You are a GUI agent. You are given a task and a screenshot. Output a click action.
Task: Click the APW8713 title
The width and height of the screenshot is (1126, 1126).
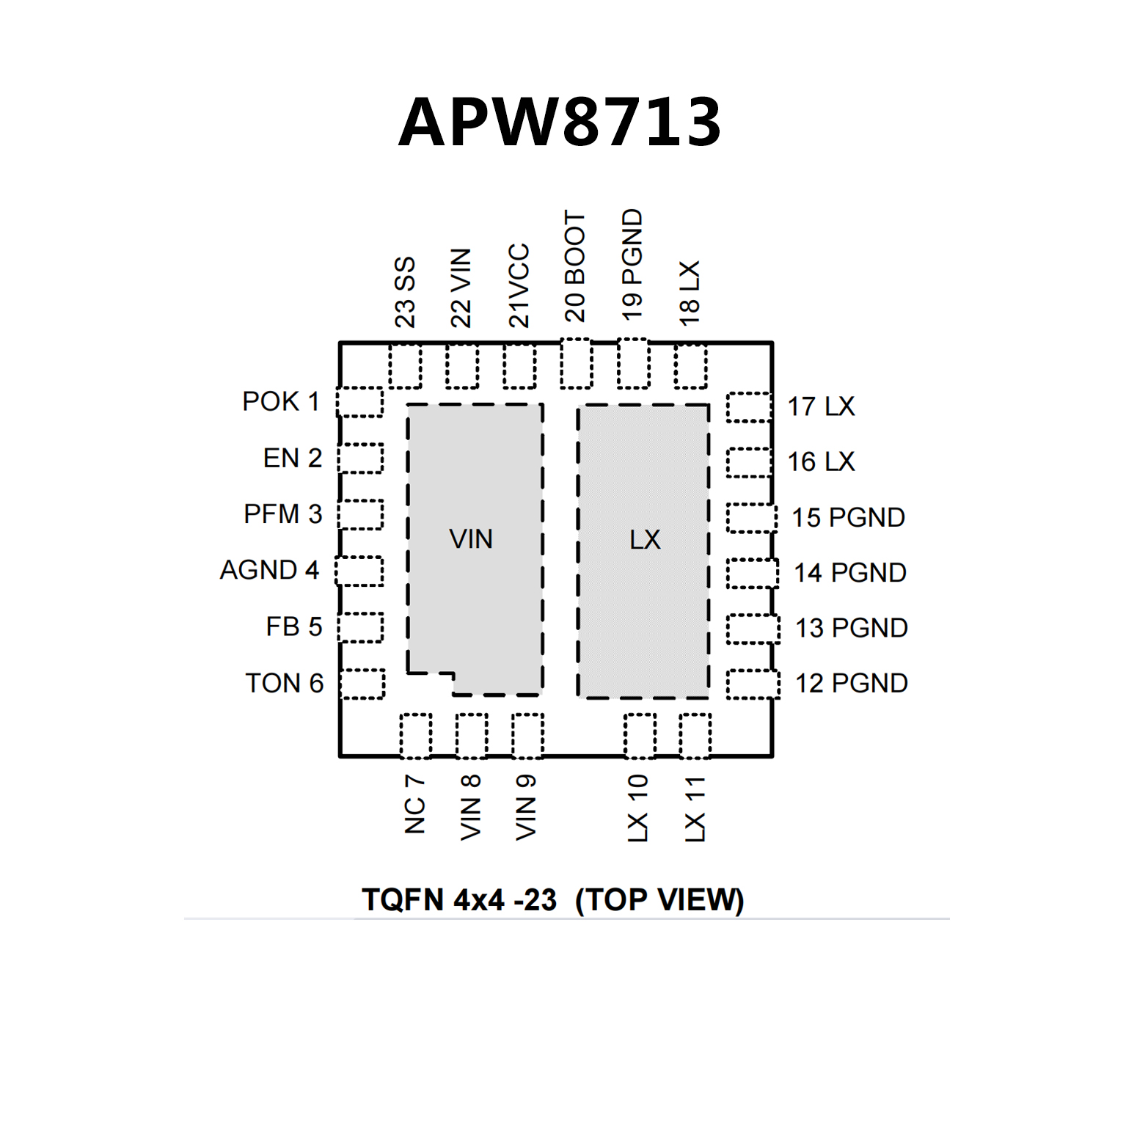560,122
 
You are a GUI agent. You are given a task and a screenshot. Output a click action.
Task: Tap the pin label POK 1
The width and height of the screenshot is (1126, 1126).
281,402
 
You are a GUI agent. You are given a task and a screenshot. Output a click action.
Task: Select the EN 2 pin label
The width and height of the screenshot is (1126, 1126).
292,458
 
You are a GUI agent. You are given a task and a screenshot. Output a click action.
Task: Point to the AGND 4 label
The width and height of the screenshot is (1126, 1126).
269,570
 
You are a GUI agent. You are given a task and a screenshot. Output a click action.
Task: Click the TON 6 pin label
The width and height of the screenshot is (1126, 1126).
284,684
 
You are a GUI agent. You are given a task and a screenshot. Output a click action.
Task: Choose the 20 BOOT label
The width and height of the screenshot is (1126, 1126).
575,267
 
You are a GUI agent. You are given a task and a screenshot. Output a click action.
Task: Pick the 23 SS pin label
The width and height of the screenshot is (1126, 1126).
405,292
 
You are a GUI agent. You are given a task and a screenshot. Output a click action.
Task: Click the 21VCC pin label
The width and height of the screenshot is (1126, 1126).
519,285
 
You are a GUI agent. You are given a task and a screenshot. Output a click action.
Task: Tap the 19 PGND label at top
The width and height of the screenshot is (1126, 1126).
632,265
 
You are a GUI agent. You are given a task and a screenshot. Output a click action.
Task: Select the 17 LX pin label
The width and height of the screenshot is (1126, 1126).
821,406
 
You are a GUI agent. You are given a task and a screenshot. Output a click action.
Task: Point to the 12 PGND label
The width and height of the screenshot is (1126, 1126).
852,684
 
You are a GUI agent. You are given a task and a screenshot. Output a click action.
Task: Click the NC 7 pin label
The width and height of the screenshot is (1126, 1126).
414,805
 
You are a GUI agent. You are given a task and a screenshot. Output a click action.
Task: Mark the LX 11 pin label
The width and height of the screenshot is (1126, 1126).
694,809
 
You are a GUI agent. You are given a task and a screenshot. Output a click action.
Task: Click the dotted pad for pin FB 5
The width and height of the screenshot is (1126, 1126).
361,627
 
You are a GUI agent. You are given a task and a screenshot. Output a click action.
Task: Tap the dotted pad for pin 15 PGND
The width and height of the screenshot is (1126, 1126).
751,518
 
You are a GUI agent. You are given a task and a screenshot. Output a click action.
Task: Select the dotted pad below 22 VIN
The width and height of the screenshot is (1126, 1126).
462,367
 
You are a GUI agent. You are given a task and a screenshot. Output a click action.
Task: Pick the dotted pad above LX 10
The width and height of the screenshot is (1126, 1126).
640,736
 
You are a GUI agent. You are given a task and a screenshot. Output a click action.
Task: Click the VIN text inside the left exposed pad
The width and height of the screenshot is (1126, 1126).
471,540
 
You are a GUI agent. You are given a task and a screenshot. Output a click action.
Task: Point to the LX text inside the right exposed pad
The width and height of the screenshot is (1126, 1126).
645,540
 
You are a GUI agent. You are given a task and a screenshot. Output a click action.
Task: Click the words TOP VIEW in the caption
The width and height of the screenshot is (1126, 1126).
659,900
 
